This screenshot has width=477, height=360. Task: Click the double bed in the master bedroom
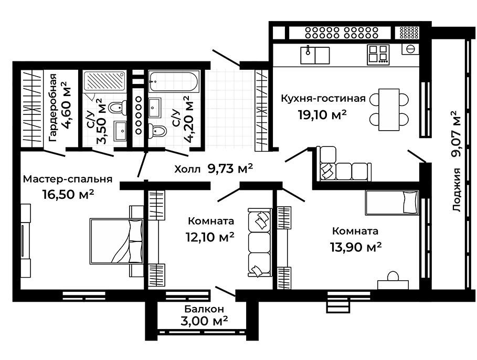point(116,241)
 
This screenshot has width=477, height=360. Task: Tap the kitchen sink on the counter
point(315,55)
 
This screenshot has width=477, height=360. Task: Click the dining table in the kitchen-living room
point(389,110)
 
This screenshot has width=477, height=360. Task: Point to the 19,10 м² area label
point(323,114)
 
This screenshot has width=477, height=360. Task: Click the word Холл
point(187,169)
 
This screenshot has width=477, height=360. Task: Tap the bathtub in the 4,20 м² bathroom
point(174,81)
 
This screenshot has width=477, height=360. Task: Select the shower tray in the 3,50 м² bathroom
point(104,81)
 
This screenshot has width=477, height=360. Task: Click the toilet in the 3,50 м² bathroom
point(118,108)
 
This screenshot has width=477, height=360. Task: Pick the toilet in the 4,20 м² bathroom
point(157,131)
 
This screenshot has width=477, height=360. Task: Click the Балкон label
point(204,309)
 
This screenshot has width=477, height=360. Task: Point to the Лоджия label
point(457,190)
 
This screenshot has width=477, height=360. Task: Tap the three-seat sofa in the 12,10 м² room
point(260,242)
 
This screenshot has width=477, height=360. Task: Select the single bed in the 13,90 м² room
point(392,203)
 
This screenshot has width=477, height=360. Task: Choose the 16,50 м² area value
point(68,194)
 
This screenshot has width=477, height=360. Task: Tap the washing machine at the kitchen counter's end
point(410,49)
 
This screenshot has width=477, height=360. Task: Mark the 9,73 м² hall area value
point(230,168)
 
